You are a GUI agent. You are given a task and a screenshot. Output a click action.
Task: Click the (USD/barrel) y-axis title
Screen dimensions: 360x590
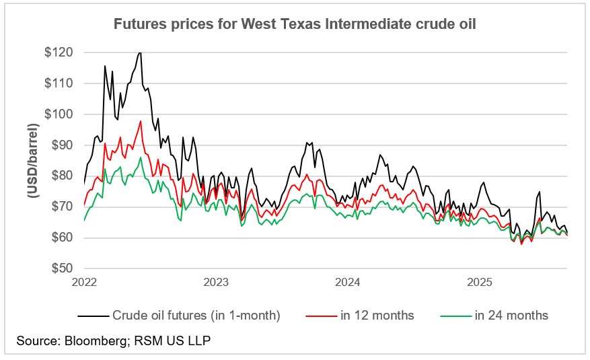[x=32, y=160]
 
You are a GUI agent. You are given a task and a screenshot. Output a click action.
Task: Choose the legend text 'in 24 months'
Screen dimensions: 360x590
[x=511, y=315]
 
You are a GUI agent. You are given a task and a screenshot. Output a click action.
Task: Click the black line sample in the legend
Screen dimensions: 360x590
[x=93, y=315]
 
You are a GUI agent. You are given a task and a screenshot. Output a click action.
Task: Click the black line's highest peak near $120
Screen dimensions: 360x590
[x=139, y=52]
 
